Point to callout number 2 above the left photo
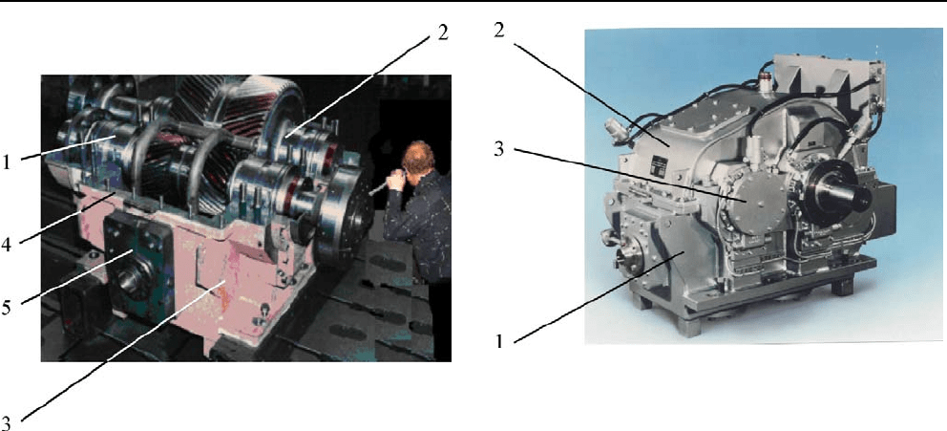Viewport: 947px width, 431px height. point(443,32)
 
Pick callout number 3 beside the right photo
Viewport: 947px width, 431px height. point(499,149)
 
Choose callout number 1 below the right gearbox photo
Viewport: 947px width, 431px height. point(499,341)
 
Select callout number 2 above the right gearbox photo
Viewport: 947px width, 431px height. point(499,32)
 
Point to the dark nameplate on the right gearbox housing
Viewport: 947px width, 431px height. point(660,164)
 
